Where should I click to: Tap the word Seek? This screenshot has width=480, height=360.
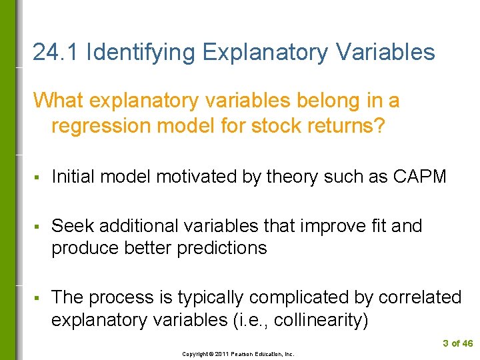coord(71,226)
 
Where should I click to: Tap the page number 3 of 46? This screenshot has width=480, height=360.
coord(457,344)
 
